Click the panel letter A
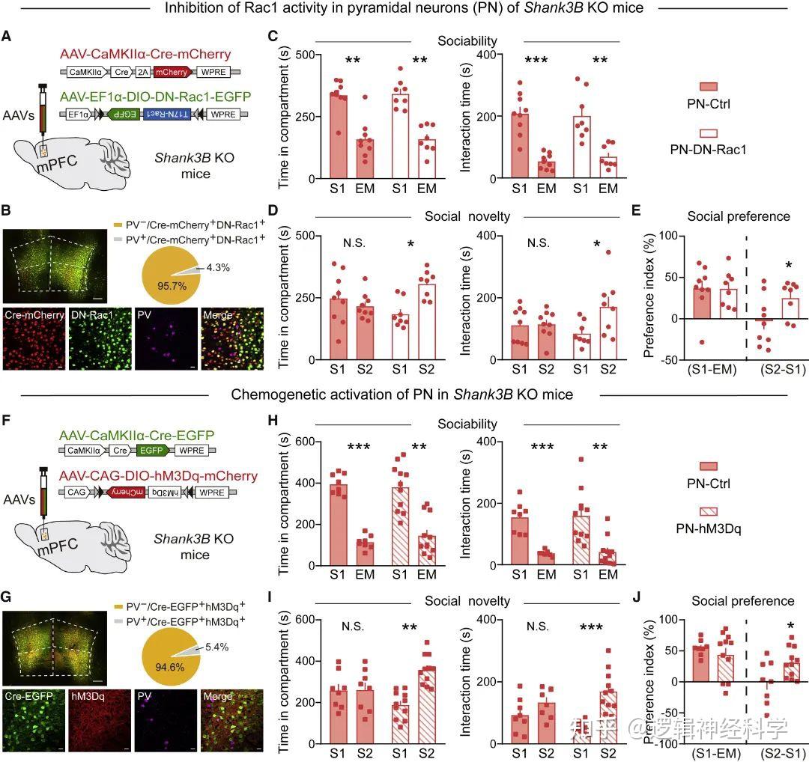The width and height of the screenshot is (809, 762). (7, 37)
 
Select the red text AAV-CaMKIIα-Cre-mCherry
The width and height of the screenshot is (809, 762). (146, 55)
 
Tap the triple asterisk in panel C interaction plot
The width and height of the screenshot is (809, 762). (536, 61)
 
